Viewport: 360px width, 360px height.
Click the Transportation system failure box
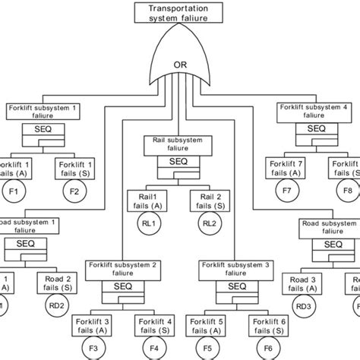tap(179, 12)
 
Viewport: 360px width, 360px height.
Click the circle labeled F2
tap(74, 191)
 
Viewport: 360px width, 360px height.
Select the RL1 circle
tap(150, 223)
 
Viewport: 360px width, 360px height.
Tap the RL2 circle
tap(209, 223)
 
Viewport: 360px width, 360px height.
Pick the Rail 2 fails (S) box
tap(209, 201)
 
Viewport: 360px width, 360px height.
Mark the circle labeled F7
tap(286, 191)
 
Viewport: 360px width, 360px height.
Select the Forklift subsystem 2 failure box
tap(121, 268)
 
